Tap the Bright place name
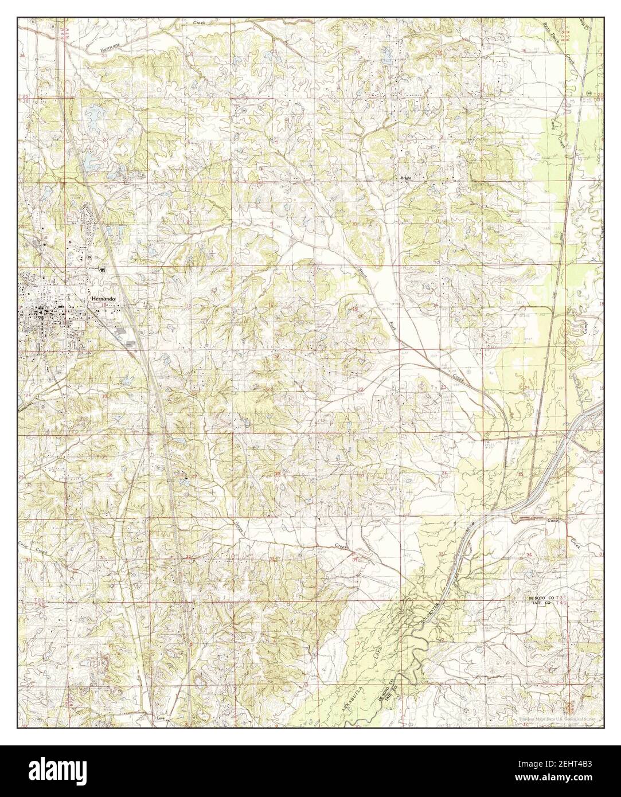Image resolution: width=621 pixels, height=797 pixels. [407, 178]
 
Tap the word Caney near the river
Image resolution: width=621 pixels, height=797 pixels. [554, 521]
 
